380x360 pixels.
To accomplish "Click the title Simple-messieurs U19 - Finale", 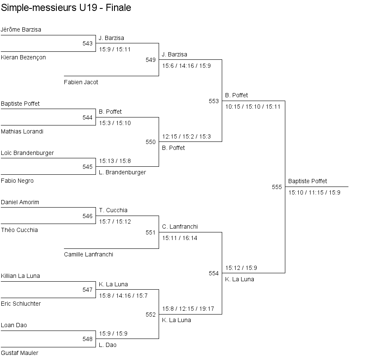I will tap(66, 8).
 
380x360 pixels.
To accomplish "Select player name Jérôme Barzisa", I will tap(21, 29).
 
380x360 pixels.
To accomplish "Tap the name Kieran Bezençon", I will tap(23, 57).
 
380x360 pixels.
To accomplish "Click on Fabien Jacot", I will tap(81, 82).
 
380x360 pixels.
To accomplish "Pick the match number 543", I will tap(88, 43).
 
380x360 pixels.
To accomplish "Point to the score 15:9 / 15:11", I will tap(115, 49).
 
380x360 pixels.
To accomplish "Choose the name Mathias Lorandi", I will tap(22, 131).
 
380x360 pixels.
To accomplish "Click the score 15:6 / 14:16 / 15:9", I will tap(186, 66).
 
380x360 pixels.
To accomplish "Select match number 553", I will tap(214, 101).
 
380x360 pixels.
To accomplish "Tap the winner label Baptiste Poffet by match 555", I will tap(308, 181).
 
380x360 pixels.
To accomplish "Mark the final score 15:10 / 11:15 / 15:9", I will tap(314, 192).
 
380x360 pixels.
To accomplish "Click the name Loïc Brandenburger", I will tap(27, 153).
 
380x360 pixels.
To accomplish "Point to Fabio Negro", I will tap(17, 181).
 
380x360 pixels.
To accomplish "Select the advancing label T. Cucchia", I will tap(113, 210).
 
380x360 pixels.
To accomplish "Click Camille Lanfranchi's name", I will tap(88, 254).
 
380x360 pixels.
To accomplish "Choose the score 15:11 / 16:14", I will tap(180, 238).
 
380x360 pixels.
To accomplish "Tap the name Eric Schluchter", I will tap(21, 304).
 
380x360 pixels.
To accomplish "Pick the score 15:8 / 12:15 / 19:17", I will tap(188, 309).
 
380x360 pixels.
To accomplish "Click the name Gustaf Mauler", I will tap(19, 353).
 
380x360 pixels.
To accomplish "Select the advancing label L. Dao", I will tap(108, 345).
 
